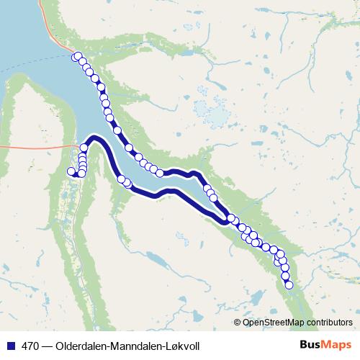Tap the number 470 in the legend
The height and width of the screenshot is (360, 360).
(31, 346)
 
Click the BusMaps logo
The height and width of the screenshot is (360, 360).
(324, 346)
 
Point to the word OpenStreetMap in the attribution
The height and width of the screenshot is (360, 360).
(274, 323)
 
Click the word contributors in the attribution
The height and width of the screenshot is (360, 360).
(329, 323)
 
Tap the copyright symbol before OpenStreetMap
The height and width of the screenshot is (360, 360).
(238, 323)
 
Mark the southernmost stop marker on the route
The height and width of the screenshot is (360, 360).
(289, 285)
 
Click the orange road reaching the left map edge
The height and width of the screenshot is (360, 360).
(22, 145)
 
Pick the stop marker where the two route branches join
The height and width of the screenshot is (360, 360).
(231, 218)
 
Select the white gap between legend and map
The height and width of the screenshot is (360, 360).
(180, 333)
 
